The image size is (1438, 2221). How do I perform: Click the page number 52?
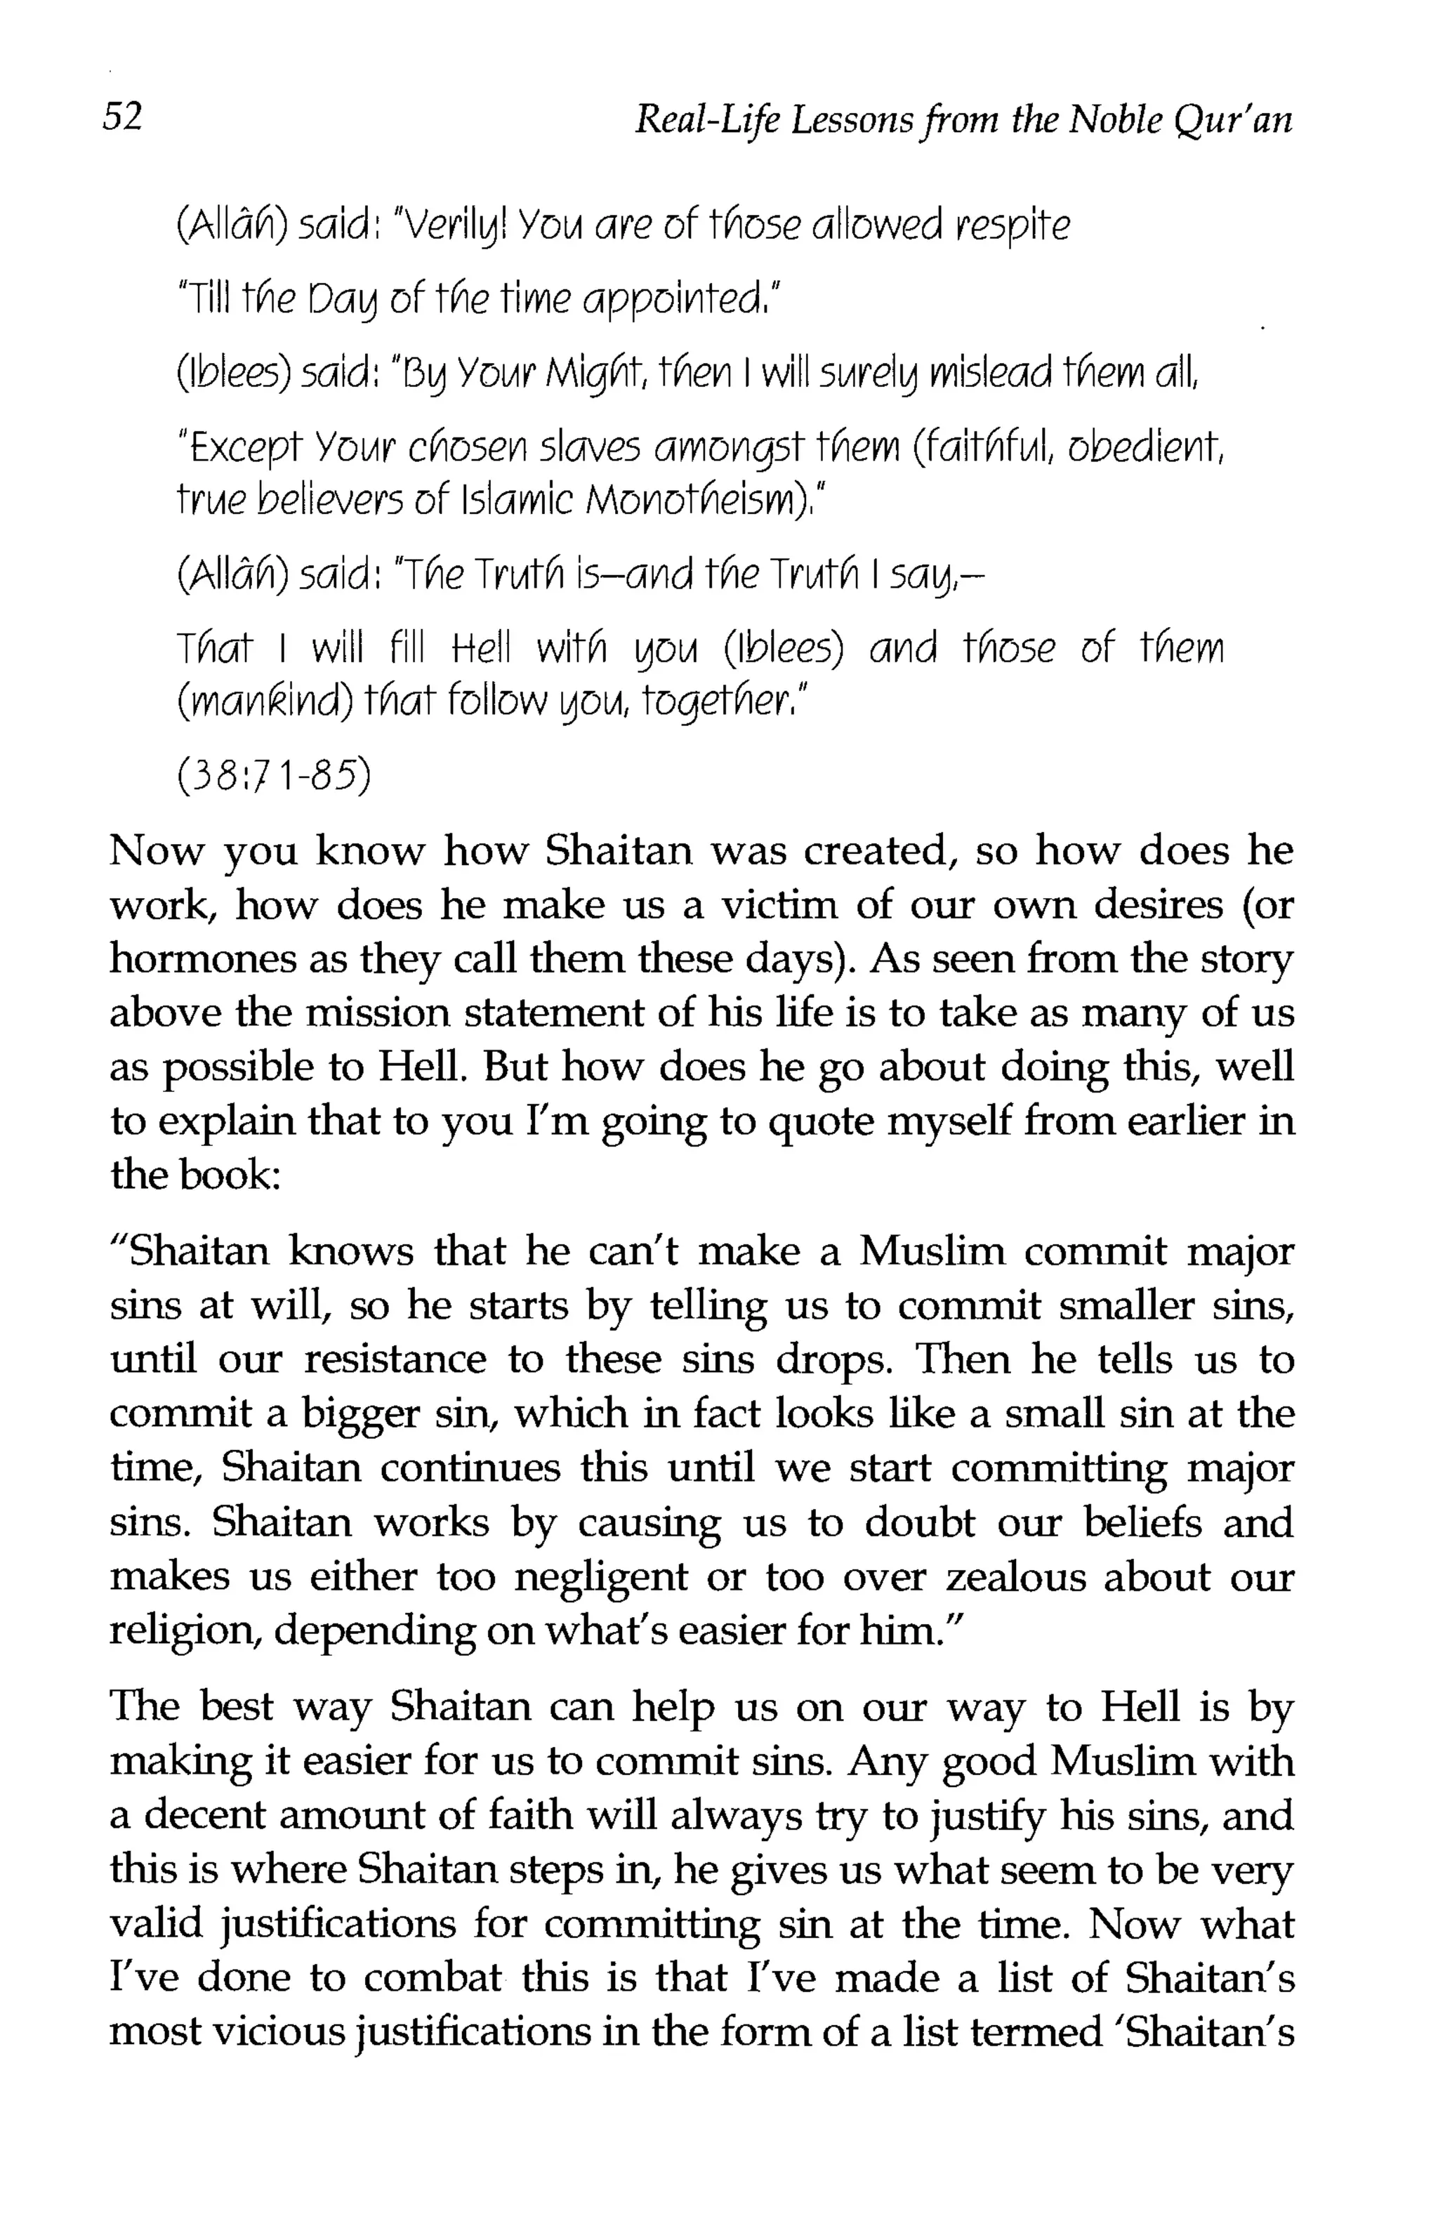[x=122, y=117]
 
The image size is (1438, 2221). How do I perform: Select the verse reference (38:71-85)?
[x=272, y=775]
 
